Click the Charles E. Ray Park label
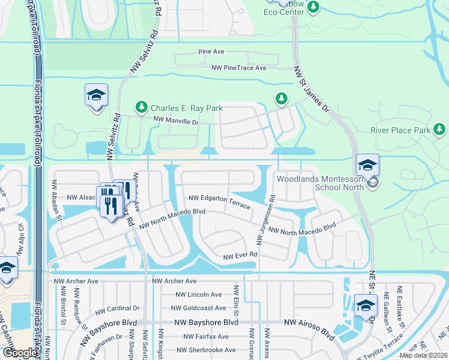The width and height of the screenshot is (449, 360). click(x=187, y=108)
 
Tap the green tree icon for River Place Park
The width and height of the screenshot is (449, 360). click(x=440, y=129)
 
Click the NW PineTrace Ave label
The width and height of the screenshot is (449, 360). click(x=238, y=68)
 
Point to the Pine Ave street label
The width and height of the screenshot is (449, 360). click(x=211, y=52)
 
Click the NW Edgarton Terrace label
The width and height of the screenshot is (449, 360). click(x=219, y=202)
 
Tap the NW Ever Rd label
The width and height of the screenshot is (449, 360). click(x=240, y=256)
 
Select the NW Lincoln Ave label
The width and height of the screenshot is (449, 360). click(x=199, y=295)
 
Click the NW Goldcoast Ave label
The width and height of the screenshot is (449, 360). click(x=200, y=308)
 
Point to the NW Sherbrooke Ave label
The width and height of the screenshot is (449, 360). click(x=206, y=350)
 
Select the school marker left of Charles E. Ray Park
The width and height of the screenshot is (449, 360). click(x=96, y=95)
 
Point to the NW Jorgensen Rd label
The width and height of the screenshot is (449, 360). click(x=265, y=220)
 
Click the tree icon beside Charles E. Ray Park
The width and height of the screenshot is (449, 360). click(x=142, y=107)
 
